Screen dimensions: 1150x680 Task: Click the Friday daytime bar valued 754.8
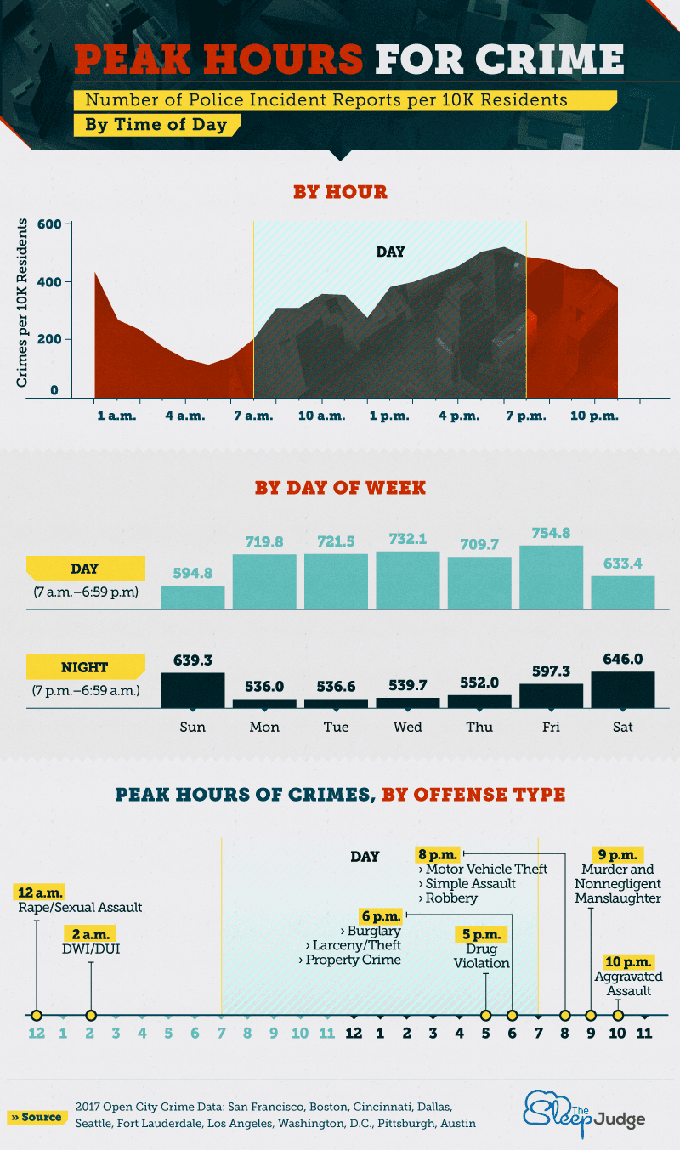[551, 577]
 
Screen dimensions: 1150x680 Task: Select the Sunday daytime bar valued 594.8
[193, 597]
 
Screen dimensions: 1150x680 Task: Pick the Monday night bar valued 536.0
[264, 703]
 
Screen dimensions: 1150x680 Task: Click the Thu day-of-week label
[479, 728]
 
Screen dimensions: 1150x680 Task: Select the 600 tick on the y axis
[47, 224]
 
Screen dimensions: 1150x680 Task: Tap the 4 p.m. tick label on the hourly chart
[456, 416]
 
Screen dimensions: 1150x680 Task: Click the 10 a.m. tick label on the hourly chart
[322, 416]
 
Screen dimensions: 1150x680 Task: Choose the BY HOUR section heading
[340, 192]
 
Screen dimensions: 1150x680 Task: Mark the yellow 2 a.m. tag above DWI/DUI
[92, 932]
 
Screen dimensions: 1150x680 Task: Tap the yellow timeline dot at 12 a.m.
[36, 1015]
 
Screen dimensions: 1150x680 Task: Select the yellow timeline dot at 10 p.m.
[618, 1015]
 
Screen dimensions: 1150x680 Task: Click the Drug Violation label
[481, 956]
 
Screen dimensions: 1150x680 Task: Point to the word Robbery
[452, 898]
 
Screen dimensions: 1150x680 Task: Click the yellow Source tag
[37, 1117]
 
